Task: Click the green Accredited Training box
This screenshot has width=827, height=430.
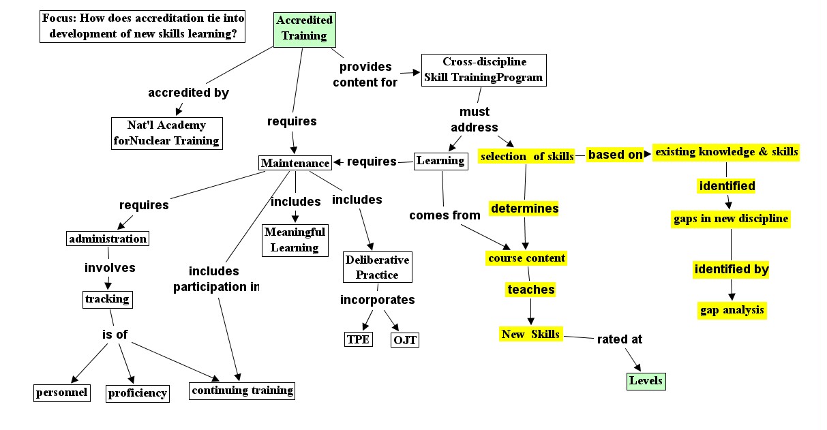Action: click(x=304, y=29)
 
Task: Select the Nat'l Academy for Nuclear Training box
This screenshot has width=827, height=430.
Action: click(x=167, y=134)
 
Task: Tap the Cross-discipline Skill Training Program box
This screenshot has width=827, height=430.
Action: click(x=483, y=70)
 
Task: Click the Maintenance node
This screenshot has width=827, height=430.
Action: click(x=295, y=163)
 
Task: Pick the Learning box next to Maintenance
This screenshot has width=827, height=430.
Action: click(x=440, y=161)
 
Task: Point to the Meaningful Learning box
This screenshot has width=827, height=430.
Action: click(x=295, y=240)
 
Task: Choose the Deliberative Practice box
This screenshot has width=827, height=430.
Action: click(x=377, y=268)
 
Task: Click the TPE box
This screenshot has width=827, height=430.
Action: click(x=358, y=339)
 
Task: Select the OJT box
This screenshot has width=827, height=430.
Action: click(x=404, y=339)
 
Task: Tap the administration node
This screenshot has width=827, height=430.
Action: click(x=107, y=239)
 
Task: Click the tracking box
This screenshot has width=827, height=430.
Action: click(x=106, y=299)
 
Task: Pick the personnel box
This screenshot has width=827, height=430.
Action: click(x=61, y=393)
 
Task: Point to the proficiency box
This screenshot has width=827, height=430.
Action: click(x=138, y=393)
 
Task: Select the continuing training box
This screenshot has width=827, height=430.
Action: click(x=242, y=390)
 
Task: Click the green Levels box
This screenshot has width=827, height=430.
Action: click(x=645, y=381)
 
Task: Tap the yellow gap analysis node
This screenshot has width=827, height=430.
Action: click(x=732, y=311)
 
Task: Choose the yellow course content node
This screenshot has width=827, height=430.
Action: click(x=526, y=258)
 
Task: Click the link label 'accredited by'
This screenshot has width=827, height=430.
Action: click(x=188, y=93)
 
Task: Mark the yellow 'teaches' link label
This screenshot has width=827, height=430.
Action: click(x=530, y=290)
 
